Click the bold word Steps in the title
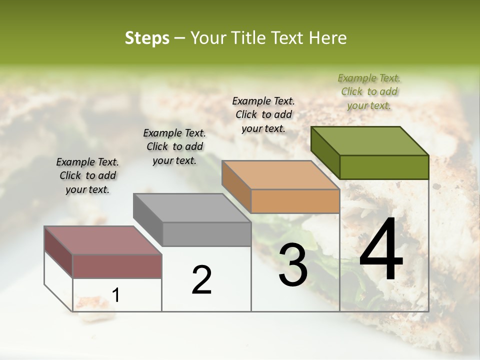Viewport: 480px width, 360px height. [147, 38]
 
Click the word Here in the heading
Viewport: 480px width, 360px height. [328, 38]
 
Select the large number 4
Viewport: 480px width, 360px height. [381, 249]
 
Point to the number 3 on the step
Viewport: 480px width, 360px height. [293, 265]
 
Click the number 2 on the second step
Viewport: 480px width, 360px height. [201, 280]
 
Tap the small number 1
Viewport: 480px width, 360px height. [116, 295]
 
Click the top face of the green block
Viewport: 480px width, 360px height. [370, 140]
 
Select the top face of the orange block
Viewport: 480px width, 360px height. [281, 175]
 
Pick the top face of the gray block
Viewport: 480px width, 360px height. [192, 207]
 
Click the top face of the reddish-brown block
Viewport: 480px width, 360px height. [103, 240]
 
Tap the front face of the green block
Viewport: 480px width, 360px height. [384, 167]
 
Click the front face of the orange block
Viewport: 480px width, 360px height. [295, 201]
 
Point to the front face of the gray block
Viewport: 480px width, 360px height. [206, 234]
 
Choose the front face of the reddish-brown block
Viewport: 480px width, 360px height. [117, 266]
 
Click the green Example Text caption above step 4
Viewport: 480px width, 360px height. [369, 91]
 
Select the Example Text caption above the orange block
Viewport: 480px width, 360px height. [263, 114]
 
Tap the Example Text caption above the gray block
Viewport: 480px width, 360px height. [174, 146]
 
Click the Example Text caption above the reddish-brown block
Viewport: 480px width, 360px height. [87, 175]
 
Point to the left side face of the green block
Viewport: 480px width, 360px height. [325, 152]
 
